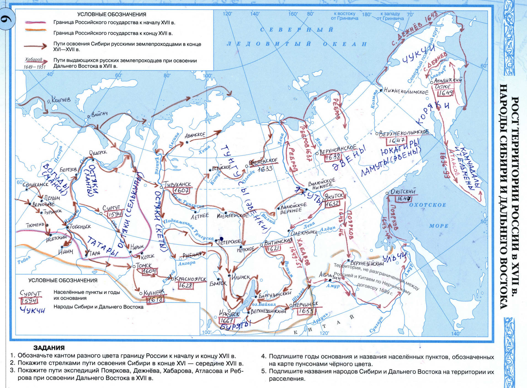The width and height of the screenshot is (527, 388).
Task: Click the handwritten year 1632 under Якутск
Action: (332, 204)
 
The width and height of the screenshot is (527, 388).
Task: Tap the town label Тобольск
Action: (80, 227)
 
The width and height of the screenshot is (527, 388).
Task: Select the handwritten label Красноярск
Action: (190, 279)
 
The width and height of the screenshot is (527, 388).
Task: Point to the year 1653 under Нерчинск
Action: (306, 311)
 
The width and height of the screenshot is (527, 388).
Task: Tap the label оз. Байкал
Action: (264, 304)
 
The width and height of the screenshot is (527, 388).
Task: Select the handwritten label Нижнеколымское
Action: (406, 91)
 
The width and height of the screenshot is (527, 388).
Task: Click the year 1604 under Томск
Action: (149, 272)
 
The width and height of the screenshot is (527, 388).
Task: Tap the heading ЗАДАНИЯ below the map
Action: (49, 348)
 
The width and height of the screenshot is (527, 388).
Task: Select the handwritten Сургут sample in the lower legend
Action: (30, 293)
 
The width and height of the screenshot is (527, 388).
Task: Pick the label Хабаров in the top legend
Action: (34, 59)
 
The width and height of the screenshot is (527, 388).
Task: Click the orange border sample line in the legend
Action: (35, 30)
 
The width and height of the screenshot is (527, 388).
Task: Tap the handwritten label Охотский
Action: (403, 191)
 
